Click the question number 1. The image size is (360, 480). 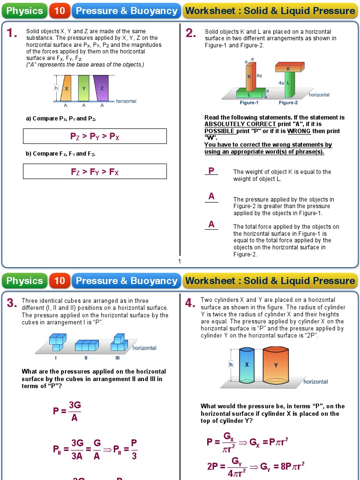coord(12,33)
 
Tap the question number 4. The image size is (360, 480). coord(190,303)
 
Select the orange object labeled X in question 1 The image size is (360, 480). coord(67,88)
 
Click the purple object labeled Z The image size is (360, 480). coord(102,88)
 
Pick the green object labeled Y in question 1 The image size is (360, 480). coord(84,88)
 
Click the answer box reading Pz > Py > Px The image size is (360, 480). coord(95,136)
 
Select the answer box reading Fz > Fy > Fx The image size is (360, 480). coord(95,172)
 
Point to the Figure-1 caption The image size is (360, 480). coord(249,103)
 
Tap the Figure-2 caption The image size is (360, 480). coord(288,103)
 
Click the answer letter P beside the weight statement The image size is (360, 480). coord(211,171)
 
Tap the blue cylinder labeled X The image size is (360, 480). coord(247,365)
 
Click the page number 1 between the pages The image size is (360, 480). coord(179,262)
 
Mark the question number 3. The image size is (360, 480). coord(12,303)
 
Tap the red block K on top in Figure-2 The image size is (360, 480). coord(288,68)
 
